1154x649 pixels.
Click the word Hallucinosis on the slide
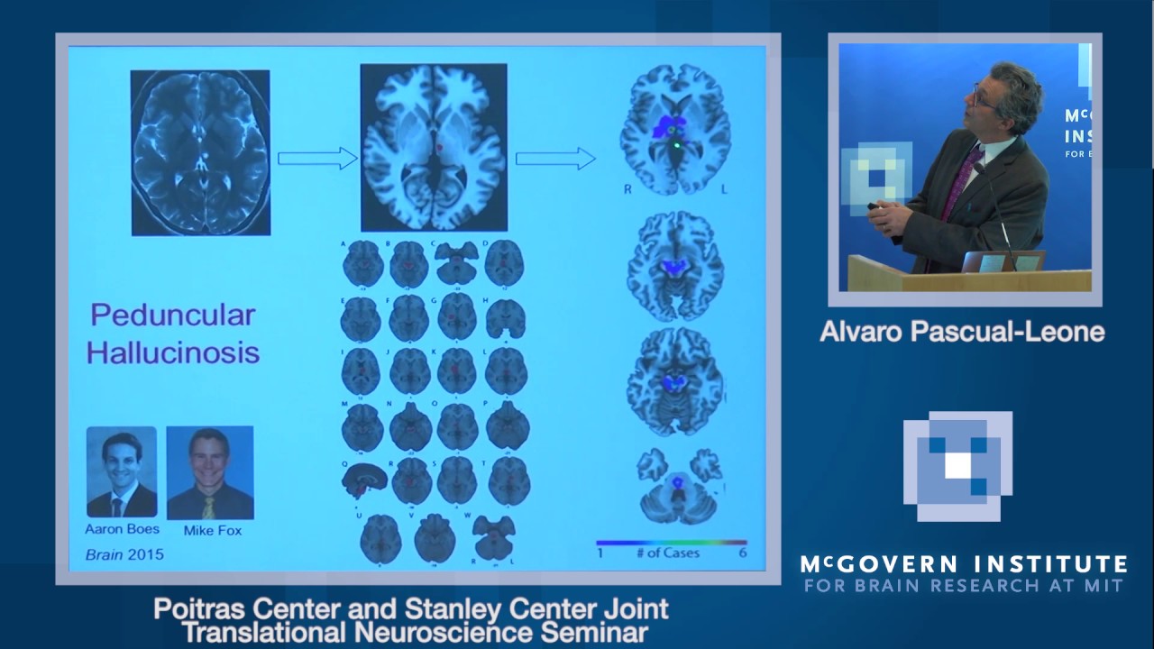173,352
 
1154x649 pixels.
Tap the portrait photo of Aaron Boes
122,472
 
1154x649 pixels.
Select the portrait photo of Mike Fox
209,472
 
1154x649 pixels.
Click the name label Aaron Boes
122,529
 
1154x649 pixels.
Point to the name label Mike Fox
213,531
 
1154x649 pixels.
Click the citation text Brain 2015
124,554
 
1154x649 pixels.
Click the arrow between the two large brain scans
317,159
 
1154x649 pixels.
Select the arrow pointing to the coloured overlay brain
555,159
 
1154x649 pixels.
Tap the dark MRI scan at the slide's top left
200,152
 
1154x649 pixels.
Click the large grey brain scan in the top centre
434,147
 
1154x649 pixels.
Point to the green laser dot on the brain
677,143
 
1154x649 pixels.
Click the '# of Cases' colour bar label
667,553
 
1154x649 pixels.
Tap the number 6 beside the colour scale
743,553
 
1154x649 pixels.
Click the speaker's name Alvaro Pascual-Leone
962,332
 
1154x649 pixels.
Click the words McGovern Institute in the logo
963,565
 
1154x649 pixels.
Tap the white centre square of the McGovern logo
958,465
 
